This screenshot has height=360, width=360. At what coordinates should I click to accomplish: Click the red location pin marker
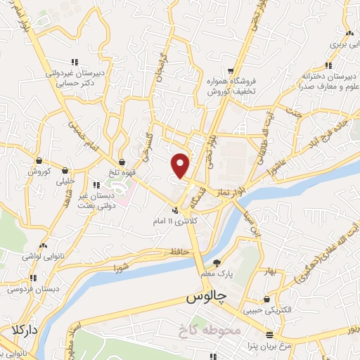point(181,165)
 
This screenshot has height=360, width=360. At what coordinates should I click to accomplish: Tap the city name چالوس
point(210,297)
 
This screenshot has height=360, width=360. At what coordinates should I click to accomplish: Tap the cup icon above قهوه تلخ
point(122,162)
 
